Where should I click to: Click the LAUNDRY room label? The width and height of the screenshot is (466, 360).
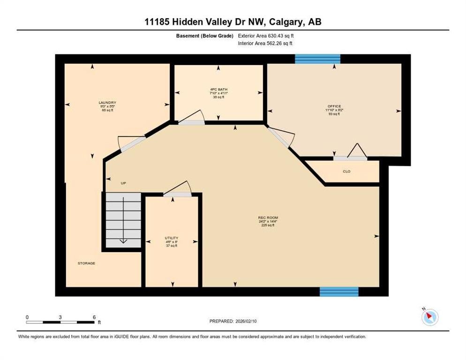(107, 103)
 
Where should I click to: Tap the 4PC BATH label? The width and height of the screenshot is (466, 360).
(219, 89)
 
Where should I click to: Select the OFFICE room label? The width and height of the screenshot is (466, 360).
(334, 106)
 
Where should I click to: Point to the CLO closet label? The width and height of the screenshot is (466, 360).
(346, 172)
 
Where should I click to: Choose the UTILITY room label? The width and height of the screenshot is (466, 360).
(171, 238)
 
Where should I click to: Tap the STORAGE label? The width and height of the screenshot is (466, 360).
(86, 263)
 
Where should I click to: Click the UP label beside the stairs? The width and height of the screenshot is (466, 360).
(123, 183)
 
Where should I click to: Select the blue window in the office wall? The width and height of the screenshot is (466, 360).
(317, 59)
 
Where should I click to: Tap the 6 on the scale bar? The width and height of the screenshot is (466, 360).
(94, 317)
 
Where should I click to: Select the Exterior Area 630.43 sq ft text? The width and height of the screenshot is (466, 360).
(266, 36)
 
